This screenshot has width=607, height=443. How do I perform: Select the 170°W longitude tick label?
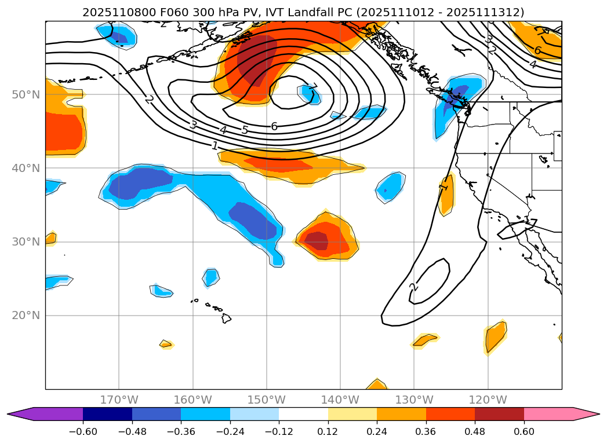click(119, 400)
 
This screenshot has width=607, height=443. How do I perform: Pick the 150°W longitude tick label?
click(266, 400)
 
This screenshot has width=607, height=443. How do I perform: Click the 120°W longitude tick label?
click(488, 400)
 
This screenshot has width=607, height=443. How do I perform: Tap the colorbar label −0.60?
click(83, 431)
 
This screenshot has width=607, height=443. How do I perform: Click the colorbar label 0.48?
click(475, 431)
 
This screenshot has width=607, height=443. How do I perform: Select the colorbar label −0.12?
click(279, 431)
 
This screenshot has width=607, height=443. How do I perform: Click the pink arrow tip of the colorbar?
click(591, 414)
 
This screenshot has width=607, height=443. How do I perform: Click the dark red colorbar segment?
click(499, 414)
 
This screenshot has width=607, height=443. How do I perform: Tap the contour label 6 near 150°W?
click(274, 126)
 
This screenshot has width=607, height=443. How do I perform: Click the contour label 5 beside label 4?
click(245, 130)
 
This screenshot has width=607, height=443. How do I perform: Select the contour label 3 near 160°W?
click(194, 125)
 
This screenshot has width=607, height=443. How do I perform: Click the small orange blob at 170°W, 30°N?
click(51, 238)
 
